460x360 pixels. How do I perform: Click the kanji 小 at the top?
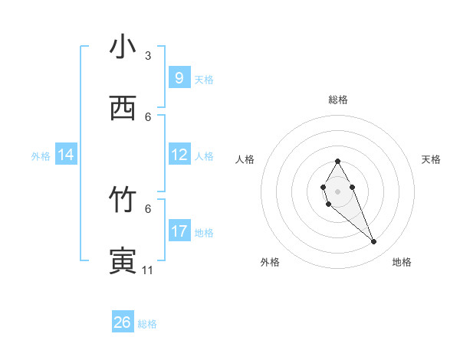123,48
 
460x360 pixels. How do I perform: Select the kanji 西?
123,109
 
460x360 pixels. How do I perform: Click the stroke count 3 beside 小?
148,56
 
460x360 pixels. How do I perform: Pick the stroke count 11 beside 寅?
148,270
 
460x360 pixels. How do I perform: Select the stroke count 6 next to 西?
148,116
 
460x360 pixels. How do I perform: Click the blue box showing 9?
179,77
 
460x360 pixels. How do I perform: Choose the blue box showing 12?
179,155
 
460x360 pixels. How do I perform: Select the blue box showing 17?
179,231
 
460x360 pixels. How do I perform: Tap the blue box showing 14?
66,155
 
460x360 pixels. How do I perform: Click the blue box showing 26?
123,322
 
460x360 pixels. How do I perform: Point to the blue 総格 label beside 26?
147,324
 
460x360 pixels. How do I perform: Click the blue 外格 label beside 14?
40,156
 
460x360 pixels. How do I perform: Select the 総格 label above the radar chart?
337,100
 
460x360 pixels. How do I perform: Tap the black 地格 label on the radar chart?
402,262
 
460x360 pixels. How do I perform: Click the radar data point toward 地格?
374,242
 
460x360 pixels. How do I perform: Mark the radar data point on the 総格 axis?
337,161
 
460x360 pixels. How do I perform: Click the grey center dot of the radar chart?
337,190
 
